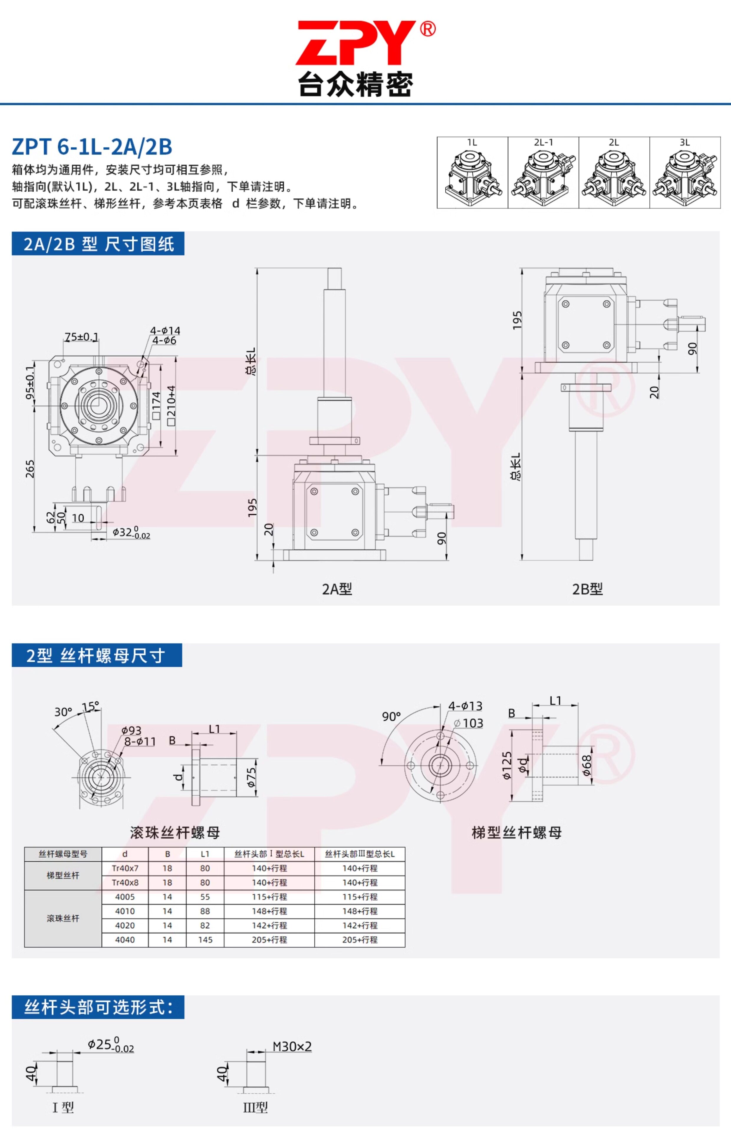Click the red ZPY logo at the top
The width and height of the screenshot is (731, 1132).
[356, 43]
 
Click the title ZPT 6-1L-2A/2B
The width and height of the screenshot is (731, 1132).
[92, 147]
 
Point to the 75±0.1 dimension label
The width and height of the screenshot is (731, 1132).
[82, 337]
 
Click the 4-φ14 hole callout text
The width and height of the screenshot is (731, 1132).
[165, 330]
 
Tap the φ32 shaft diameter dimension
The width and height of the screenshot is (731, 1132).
[131, 532]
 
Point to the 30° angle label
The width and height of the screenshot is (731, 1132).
[63, 712]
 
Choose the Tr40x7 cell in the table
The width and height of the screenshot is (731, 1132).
[125, 868]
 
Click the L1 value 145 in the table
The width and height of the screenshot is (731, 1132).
[205, 940]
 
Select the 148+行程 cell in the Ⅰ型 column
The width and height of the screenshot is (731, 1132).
[269, 911]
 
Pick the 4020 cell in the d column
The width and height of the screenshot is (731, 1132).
[125, 926]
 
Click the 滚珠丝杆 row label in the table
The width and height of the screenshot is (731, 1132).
[63, 918]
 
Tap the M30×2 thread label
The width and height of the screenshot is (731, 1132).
[292, 1047]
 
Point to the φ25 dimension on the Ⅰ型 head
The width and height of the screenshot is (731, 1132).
[110, 1045]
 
